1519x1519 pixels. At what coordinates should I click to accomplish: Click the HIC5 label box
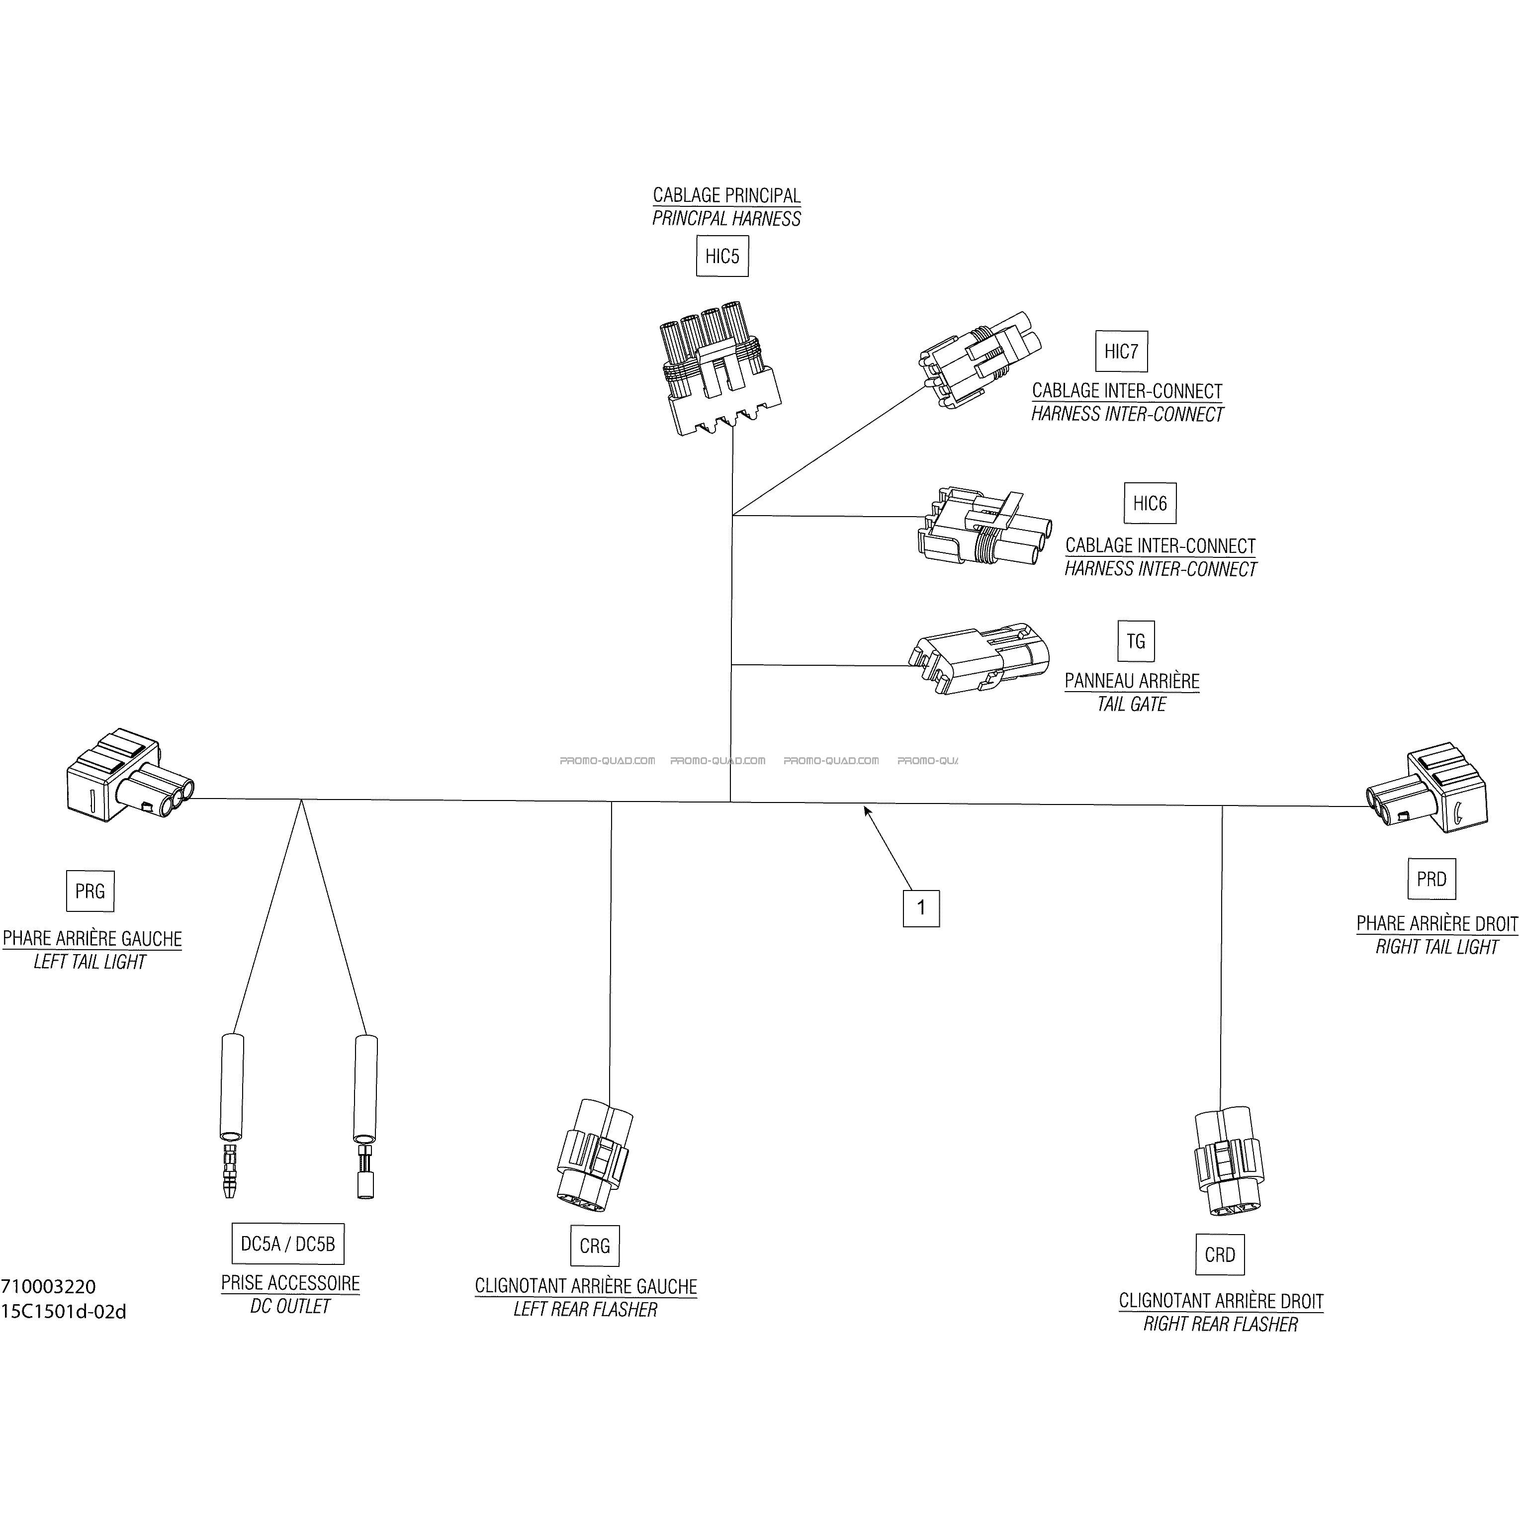pos(722,256)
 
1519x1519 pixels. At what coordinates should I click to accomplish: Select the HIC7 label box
pos(1121,352)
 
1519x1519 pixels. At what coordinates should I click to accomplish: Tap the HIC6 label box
pos(1150,503)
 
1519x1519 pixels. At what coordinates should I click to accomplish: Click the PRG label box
pos(89,891)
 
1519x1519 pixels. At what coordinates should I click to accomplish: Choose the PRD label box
pos(1431,879)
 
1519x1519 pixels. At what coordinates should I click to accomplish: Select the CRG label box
pos(594,1246)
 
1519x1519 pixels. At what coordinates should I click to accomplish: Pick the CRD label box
pos(1220,1255)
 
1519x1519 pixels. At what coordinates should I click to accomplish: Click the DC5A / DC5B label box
pos(288,1244)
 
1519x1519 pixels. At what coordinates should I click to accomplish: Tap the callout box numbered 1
pos(921,908)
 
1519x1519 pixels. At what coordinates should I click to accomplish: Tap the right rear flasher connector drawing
pos(1227,1163)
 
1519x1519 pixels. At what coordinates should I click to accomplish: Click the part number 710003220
pos(49,1287)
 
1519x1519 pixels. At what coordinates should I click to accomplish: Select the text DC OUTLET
pos(290,1306)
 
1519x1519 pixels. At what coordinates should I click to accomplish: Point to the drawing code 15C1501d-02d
pos(64,1312)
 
